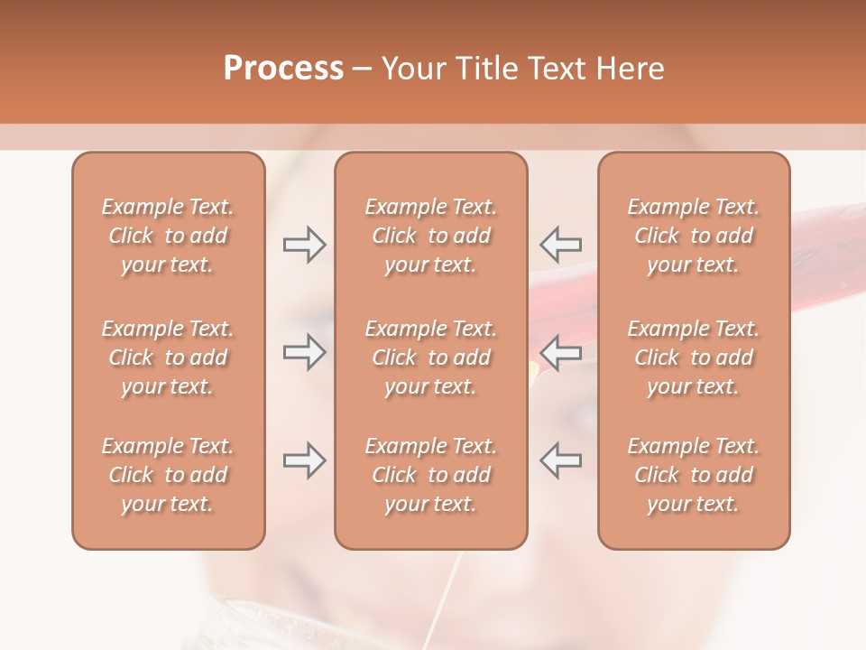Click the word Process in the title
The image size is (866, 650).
[283, 69]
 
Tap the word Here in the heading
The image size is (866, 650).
[630, 69]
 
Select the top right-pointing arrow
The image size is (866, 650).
[304, 245]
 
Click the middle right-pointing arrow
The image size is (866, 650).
[304, 352]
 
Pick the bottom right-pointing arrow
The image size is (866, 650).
[304, 460]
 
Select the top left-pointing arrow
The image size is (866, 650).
[560, 245]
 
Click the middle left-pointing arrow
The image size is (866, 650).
[560, 352]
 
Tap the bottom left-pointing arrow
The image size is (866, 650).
[560, 460]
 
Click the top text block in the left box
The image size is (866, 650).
[168, 236]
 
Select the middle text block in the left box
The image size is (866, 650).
[168, 357]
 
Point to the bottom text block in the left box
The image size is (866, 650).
[168, 475]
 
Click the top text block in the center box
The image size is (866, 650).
[430, 236]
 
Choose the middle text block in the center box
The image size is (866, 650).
[430, 357]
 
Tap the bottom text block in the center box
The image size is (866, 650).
[430, 475]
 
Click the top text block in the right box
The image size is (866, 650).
[693, 236]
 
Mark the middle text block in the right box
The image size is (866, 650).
[693, 357]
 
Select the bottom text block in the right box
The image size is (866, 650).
[693, 475]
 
